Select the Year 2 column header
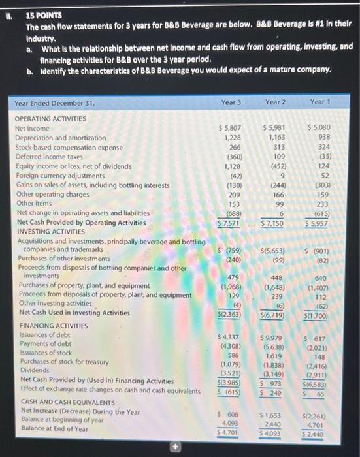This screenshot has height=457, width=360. coord(276,102)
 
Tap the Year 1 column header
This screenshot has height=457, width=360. coord(320,102)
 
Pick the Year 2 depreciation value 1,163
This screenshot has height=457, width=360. coord(274,138)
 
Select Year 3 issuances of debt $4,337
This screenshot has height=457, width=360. coord(229,336)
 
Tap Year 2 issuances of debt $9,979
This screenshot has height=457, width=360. coord(273,337)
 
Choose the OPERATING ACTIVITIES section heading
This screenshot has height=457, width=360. coord(50,119)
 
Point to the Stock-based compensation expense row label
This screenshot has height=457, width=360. coord(69,148)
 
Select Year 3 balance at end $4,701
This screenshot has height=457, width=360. coord(229,432)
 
